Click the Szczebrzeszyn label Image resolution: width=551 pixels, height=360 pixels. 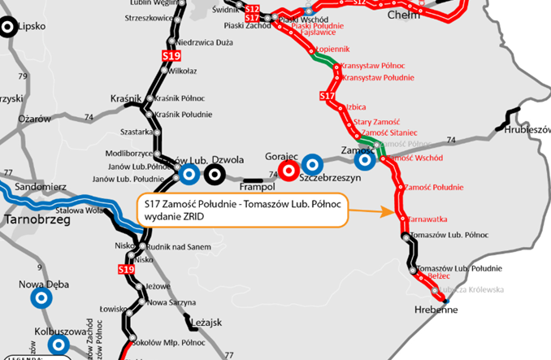pos(329,177)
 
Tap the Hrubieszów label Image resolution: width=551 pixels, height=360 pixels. pos(527,129)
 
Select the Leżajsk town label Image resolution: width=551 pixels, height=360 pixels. pos(206,323)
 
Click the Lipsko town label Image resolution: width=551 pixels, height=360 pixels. pos(32,26)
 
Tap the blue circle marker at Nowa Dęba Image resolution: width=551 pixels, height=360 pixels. pos(39,297)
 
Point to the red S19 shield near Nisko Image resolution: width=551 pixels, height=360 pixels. pos(125,269)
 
